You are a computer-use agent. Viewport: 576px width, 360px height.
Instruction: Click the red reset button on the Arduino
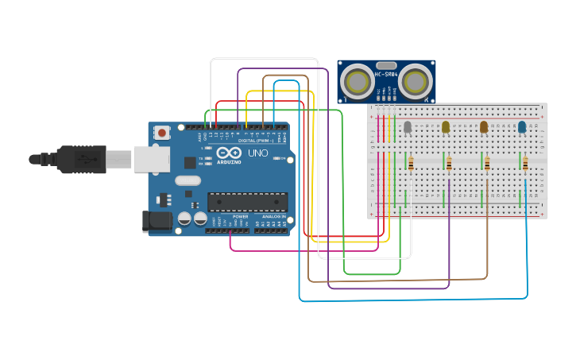[162, 133]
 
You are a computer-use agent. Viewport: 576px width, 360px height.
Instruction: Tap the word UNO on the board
[258, 153]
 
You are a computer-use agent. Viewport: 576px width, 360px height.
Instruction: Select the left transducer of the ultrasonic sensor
[357, 81]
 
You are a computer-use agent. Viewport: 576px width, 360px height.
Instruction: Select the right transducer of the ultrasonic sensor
[416, 81]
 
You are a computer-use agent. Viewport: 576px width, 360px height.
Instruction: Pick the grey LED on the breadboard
[408, 126]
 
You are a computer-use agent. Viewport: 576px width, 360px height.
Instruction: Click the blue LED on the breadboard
[522, 126]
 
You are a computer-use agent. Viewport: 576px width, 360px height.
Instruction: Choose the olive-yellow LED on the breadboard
[446, 126]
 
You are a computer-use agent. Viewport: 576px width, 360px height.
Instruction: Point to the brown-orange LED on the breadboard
[484, 126]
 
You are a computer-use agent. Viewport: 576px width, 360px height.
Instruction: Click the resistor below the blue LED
[525, 164]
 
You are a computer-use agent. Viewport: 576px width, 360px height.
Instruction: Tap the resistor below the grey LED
[411, 164]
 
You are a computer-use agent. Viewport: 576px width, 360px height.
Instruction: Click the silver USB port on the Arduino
[151, 159]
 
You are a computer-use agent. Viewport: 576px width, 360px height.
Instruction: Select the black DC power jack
[157, 222]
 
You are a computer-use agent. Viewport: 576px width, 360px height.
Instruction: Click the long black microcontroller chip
[246, 202]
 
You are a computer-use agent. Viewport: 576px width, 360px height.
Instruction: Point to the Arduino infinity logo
[229, 153]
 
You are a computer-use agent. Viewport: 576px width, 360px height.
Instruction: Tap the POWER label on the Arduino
[240, 216]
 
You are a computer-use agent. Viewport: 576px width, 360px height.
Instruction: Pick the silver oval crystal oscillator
[188, 180]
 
